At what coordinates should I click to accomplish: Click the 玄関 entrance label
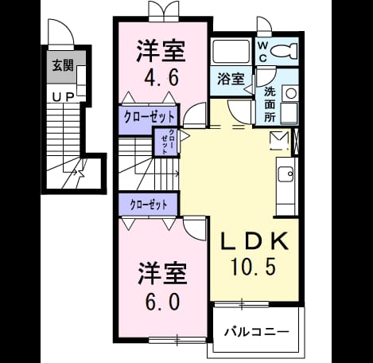click(x=63, y=65)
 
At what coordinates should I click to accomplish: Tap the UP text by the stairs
click(x=63, y=97)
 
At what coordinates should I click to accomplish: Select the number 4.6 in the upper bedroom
click(x=161, y=78)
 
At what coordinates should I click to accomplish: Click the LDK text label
click(x=254, y=241)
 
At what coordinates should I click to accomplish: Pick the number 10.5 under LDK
click(x=254, y=266)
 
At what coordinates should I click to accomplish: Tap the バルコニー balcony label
click(x=257, y=332)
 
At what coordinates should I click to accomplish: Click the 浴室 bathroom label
click(x=231, y=79)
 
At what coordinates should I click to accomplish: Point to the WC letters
click(x=262, y=53)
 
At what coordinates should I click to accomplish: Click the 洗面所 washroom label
click(x=270, y=105)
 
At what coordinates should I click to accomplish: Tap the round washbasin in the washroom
click(x=291, y=93)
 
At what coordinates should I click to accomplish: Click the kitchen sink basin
click(x=286, y=174)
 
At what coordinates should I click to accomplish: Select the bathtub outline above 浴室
click(x=231, y=52)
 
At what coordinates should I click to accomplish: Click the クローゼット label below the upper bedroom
click(x=150, y=117)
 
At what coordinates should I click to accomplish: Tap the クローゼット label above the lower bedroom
click(x=149, y=205)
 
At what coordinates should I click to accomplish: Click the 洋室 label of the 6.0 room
click(x=163, y=274)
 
